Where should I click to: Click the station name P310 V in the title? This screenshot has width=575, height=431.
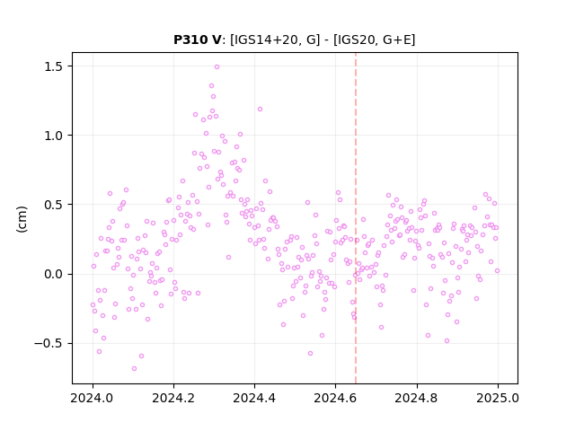tap(198, 40)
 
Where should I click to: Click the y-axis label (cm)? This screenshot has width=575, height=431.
tap(22, 219)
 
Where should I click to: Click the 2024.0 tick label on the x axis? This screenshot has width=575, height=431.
tap(93, 398)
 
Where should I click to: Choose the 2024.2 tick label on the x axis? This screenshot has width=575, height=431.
tap(173, 398)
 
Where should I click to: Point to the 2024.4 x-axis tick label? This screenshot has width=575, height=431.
tap(254, 398)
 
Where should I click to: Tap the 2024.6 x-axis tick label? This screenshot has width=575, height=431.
tap(335, 398)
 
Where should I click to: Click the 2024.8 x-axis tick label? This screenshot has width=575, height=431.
tap(416, 398)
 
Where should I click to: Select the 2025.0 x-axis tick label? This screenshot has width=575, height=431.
tap(498, 398)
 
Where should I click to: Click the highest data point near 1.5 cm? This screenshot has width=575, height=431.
tap(217, 66)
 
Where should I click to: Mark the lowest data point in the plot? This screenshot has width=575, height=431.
tap(134, 368)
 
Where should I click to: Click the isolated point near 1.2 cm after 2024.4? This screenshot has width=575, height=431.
tap(260, 109)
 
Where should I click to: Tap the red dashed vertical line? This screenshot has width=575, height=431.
tap(356, 218)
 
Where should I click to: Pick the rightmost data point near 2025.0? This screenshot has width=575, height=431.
tap(497, 270)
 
